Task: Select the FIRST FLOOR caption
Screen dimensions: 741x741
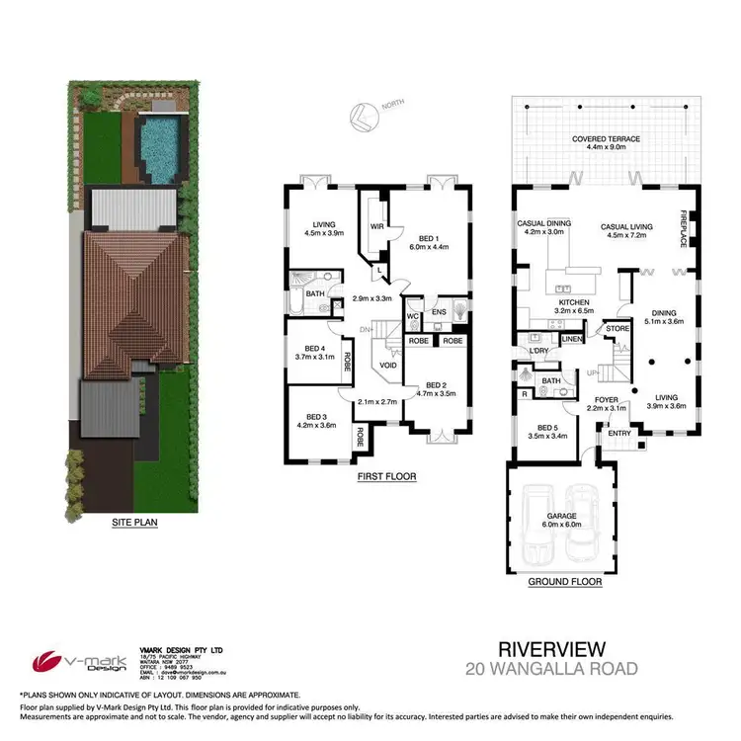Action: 385,476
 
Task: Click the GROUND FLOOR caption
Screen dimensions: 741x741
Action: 565,582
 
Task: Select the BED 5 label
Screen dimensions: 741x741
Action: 541,427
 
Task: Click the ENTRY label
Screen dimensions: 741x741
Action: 619,432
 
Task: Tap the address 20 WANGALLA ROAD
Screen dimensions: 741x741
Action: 551,670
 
